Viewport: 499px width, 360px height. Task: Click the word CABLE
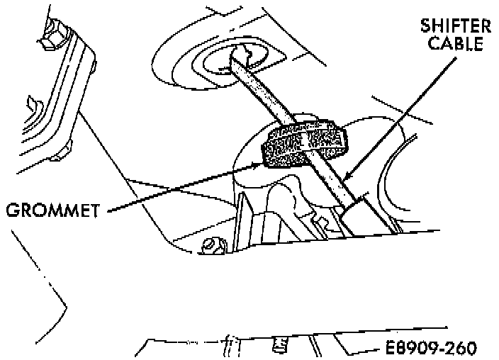[459, 44]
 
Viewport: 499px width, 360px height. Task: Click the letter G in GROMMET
[11, 210]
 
